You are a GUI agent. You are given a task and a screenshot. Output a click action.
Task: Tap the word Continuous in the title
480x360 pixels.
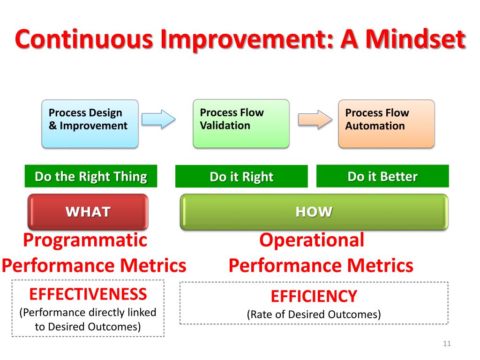coord(84,40)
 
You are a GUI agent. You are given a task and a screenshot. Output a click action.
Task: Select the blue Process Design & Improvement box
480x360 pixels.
coord(90,124)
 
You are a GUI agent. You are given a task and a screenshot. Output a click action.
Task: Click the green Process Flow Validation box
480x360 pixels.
coord(241,123)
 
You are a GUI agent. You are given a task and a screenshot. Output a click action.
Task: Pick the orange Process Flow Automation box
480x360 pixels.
coord(386,124)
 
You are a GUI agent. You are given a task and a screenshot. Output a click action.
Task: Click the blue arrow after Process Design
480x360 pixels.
coord(158,119)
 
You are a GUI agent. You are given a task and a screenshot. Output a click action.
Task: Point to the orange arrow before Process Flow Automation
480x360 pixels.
coord(315,119)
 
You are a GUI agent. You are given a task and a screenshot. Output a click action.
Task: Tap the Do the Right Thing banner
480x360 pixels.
coord(91,176)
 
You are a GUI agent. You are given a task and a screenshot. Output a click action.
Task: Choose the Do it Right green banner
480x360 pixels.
coord(241,177)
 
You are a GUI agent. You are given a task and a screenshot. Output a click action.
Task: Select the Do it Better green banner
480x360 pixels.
coord(382,176)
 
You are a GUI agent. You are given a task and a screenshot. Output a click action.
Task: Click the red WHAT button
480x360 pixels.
coord(88,212)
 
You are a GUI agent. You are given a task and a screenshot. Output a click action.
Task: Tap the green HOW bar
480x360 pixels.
coord(314,212)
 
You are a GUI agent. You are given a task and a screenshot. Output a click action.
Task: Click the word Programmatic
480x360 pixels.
coord(85,240)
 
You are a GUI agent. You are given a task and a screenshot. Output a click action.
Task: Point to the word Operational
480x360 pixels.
coord(312,240)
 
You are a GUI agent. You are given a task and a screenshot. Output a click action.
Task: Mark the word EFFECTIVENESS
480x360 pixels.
coord(88,294)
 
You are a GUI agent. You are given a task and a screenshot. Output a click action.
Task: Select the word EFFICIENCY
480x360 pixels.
coord(314,296)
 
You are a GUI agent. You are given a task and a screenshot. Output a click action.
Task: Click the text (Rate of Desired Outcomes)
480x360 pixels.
coord(314,314)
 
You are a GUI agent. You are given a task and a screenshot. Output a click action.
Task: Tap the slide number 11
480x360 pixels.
coord(447,345)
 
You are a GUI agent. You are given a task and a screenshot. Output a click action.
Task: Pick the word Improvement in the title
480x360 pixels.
coord(243,40)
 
